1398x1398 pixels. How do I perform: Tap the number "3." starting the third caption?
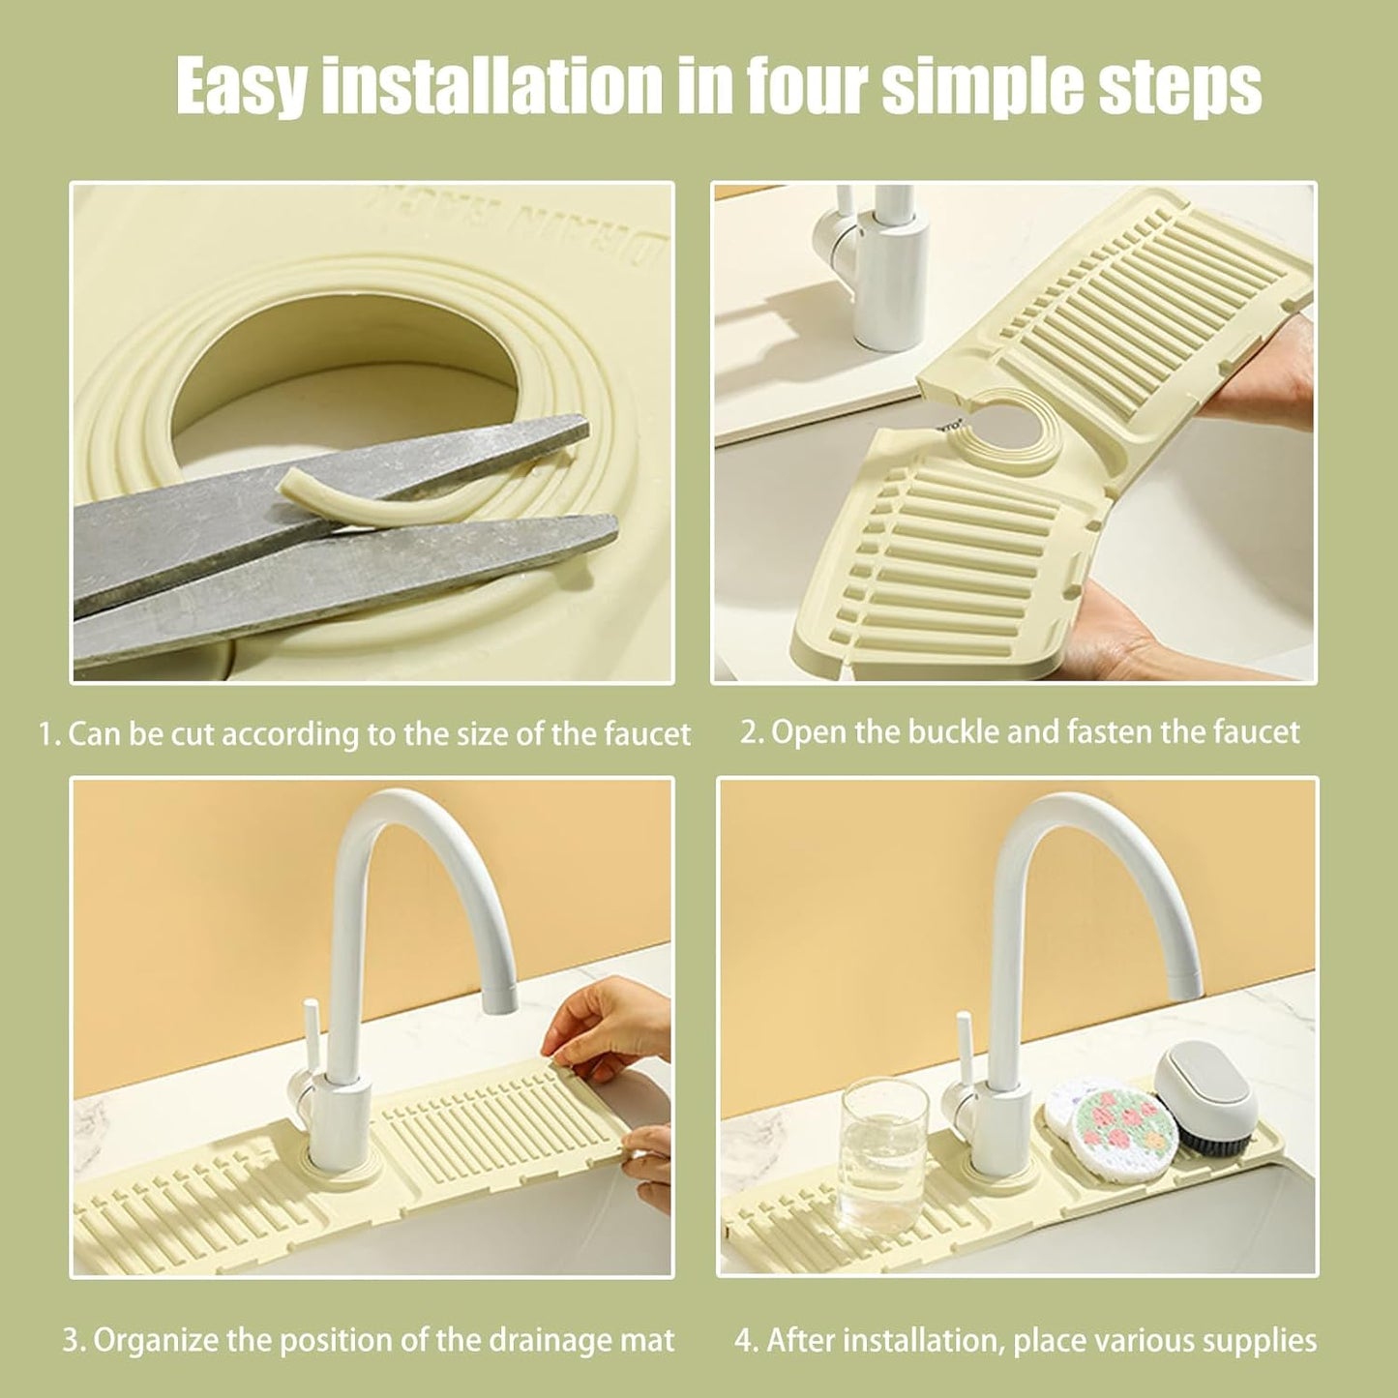[74, 1340]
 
